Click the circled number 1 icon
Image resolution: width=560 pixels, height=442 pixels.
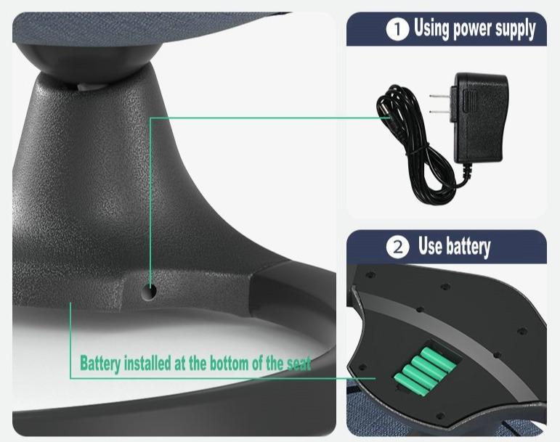pyautogui.click(x=397, y=29)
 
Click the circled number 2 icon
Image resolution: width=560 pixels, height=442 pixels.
pyautogui.click(x=397, y=247)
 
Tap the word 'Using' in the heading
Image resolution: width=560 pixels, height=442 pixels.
pyautogui.click(x=431, y=28)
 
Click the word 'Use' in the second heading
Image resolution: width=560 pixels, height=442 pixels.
pyautogui.click(x=430, y=246)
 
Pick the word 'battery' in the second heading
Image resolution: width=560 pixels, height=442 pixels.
pyautogui.click(x=468, y=247)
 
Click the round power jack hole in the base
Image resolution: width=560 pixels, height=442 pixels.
pyautogui.click(x=149, y=292)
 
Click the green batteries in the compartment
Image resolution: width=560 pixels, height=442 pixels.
pyautogui.click(x=424, y=372)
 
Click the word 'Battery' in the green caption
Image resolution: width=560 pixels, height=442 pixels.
pyautogui.click(x=100, y=364)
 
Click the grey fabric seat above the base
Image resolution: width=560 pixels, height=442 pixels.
pyautogui.click(x=143, y=27)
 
